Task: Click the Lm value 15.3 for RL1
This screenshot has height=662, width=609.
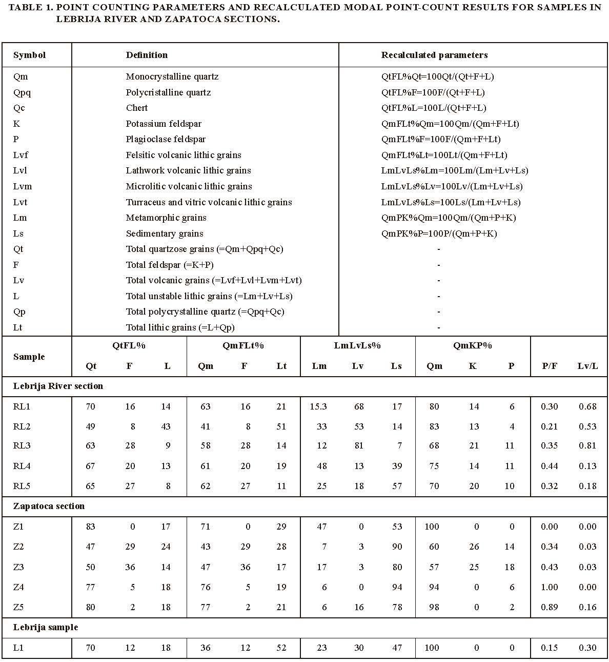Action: tap(318, 406)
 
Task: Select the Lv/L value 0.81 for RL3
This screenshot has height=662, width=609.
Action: tap(587, 445)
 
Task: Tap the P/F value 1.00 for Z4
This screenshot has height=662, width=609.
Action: tap(550, 587)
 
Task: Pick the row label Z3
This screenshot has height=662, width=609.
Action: tap(18, 567)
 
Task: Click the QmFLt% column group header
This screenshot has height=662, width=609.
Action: tap(243, 345)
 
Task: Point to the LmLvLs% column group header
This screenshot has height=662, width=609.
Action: tap(357, 345)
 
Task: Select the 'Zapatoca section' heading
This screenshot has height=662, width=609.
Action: tap(49, 506)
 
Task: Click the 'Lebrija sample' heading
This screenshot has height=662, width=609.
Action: tap(46, 627)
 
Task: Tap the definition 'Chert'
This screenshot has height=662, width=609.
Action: tap(137, 108)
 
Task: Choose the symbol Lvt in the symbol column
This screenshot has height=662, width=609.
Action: tap(20, 202)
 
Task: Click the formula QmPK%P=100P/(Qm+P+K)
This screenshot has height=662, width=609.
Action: tap(439, 233)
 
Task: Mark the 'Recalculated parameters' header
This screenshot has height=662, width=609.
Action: tap(434, 55)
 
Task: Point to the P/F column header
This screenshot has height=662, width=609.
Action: tap(550, 366)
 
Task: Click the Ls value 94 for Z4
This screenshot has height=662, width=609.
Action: tap(396, 587)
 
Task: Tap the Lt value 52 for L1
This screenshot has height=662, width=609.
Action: tap(281, 648)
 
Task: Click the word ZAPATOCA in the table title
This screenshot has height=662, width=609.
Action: tap(139, 19)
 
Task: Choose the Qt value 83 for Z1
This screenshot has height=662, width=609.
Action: tap(90, 527)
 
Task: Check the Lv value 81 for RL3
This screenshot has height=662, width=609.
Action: tap(358, 445)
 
